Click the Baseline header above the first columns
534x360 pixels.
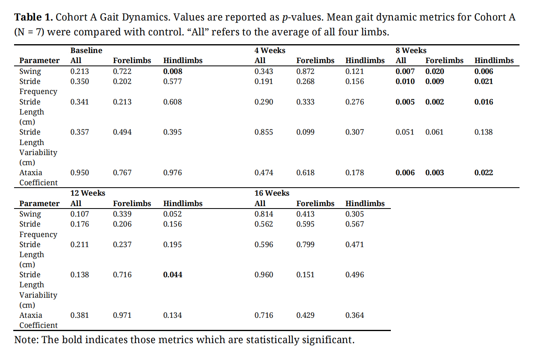pyautogui.click(x=86, y=51)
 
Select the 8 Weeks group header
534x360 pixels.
pyautogui.click(x=411, y=51)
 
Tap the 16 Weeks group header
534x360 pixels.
pyautogui.click(x=272, y=193)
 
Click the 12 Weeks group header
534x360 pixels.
pyautogui.click(x=88, y=193)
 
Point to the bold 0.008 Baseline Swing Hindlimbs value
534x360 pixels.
pyautogui.click(x=173, y=72)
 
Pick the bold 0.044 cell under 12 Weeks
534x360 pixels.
pyautogui.click(x=173, y=275)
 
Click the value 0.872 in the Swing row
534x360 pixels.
pyautogui.click(x=305, y=72)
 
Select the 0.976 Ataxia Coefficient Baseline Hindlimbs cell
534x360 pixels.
pyautogui.click(x=173, y=173)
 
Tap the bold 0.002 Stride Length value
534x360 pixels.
pyautogui.click(x=435, y=102)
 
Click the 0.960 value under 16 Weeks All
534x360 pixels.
pyautogui.click(x=264, y=275)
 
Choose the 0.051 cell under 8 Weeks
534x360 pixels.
pyautogui.click(x=405, y=132)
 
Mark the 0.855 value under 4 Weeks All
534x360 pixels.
pyautogui.click(x=264, y=132)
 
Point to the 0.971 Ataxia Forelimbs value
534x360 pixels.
pyautogui.click(x=122, y=315)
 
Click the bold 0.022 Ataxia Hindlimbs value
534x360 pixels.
pyautogui.click(x=484, y=173)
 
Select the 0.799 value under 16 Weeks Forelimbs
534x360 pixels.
pyautogui.click(x=305, y=244)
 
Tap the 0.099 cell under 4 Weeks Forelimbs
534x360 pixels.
pyautogui.click(x=305, y=132)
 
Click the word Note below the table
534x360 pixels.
pyautogui.click(x=26, y=340)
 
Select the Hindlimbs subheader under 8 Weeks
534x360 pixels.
pyautogui.click(x=494, y=61)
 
